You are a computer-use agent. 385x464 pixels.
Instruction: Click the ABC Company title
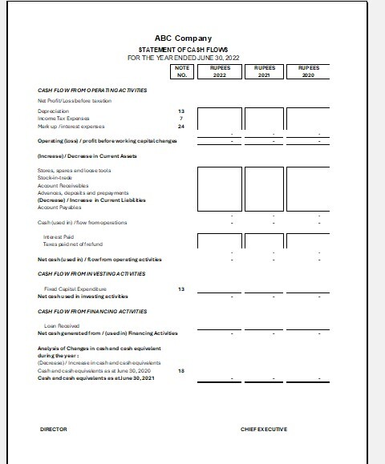[x=183, y=38]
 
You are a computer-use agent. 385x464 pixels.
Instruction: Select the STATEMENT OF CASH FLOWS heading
[x=183, y=50]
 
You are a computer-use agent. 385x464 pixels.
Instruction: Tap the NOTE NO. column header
[x=181, y=71]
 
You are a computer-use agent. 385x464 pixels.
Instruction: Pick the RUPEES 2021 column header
[x=264, y=71]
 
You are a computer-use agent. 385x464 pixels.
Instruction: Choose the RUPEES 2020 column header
[x=308, y=71]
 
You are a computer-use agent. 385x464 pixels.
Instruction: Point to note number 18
[x=181, y=371]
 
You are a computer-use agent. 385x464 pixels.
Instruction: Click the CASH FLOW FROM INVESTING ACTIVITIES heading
[x=91, y=273]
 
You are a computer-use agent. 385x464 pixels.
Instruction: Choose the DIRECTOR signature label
[x=53, y=429]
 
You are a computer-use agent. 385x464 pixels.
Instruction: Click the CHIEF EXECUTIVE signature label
[x=263, y=429]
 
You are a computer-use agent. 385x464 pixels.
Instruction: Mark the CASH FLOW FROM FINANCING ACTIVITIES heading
[x=92, y=310]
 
